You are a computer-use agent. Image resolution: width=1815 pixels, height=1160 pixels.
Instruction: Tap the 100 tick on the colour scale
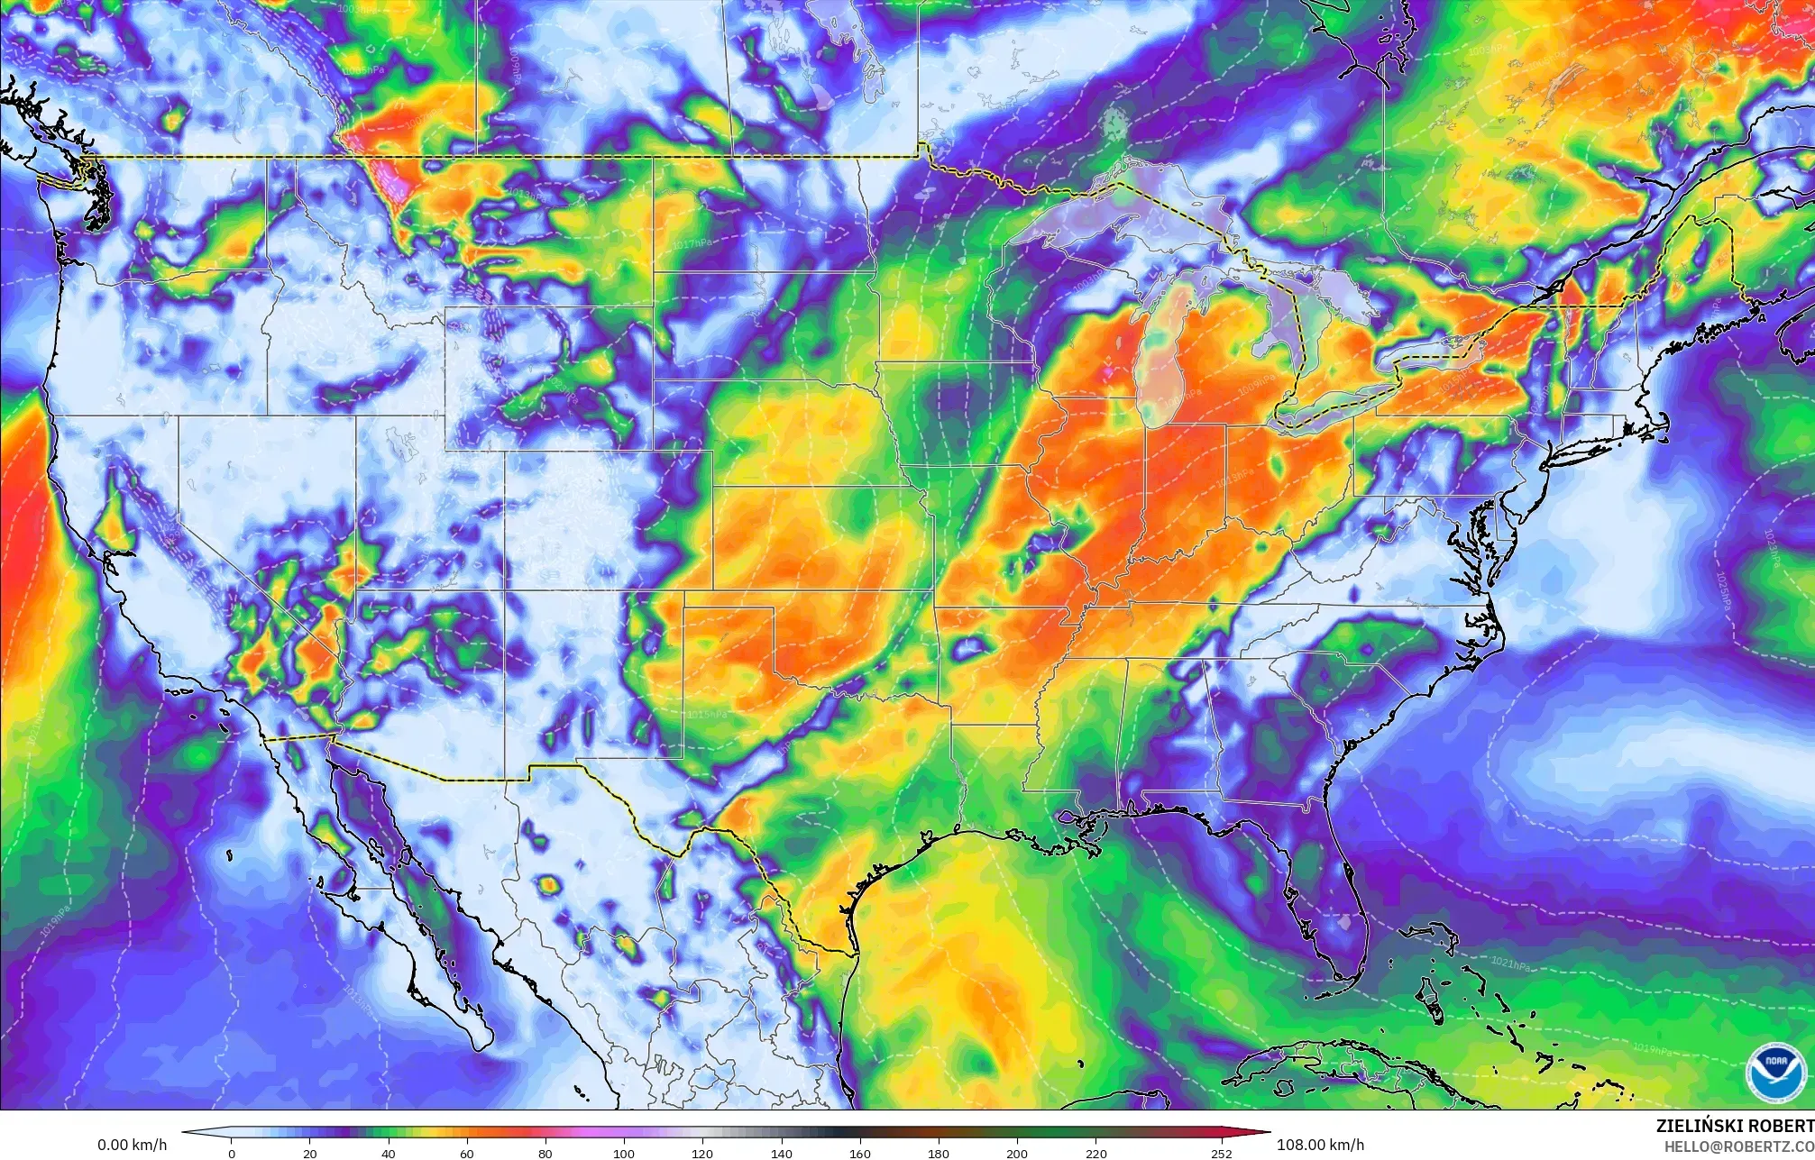pyautogui.click(x=624, y=1152)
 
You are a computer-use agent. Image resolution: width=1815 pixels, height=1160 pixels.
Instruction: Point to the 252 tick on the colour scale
pyautogui.click(x=1221, y=1152)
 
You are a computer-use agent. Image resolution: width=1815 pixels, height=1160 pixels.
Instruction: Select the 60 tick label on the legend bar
pyautogui.click(x=466, y=1152)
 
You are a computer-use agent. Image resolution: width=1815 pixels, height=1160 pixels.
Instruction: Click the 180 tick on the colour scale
pyautogui.click(x=939, y=1152)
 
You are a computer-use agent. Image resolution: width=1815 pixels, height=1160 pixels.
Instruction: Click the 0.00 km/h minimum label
pyautogui.click(x=132, y=1145)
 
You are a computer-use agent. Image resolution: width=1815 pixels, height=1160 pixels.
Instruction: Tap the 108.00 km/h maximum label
pyautogui.click(x=1320, y=1145)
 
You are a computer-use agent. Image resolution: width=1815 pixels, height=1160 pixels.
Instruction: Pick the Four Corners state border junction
pyautogui.click(x=504, y=589)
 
